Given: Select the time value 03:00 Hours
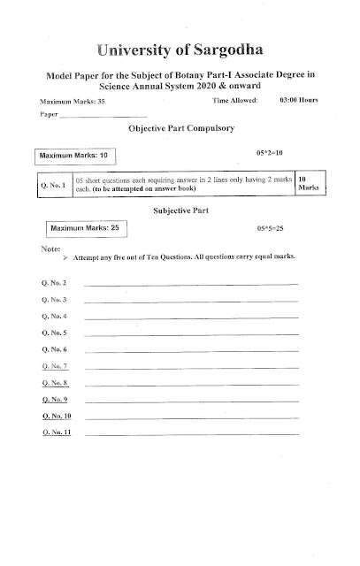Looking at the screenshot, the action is pyautogui.click(x=299, y=104).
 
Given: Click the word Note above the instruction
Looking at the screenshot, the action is pyautogui.click(x=50, y=249).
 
